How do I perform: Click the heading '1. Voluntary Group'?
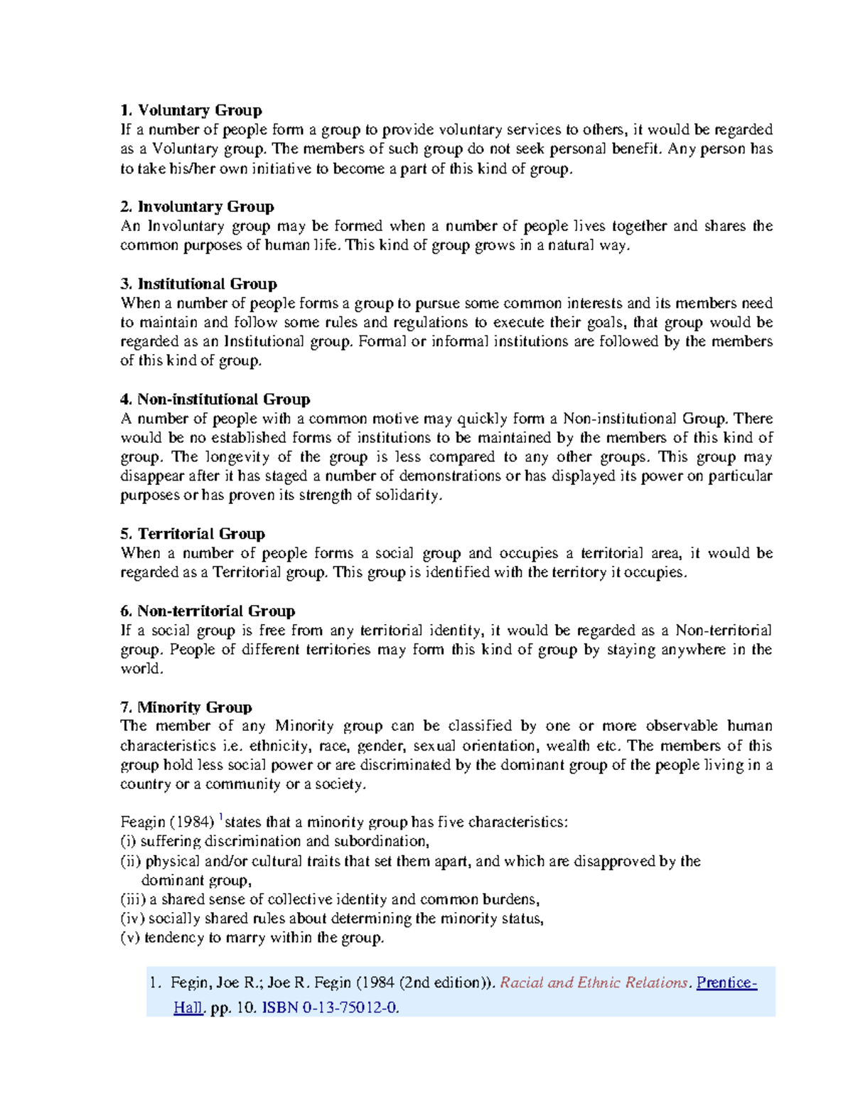[191, 110]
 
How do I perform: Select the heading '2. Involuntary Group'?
[197, 207]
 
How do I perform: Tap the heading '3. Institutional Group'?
[198, 284]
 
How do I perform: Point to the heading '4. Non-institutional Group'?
[215, 400]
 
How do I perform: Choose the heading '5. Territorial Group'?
[193, 534]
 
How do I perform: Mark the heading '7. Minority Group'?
[186, 707]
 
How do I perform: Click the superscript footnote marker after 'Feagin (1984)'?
[221, 817]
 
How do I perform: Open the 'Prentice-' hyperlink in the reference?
[726, 982]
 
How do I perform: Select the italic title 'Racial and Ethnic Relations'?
[594, 982]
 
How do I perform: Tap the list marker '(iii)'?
[134, 899]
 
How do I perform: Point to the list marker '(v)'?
[130, 938]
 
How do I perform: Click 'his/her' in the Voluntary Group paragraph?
[192, 169]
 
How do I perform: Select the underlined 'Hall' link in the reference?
[188, 1007]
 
